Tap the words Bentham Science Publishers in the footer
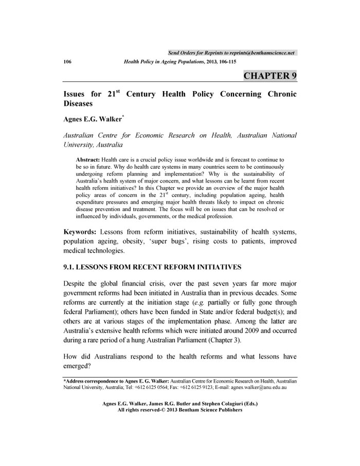(210, 410)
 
